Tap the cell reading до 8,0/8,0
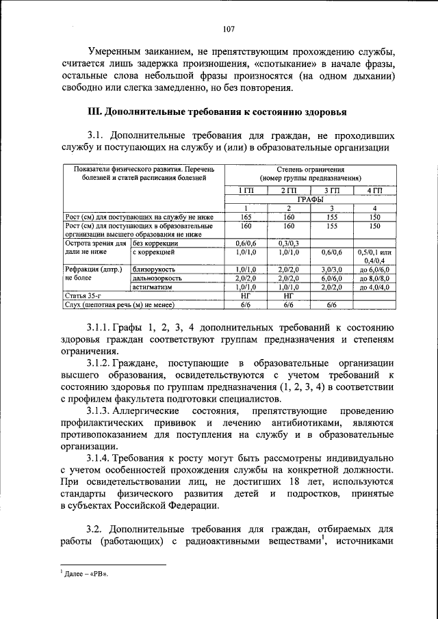374,278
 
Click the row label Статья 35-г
79,296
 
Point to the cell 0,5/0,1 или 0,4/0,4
374,256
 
